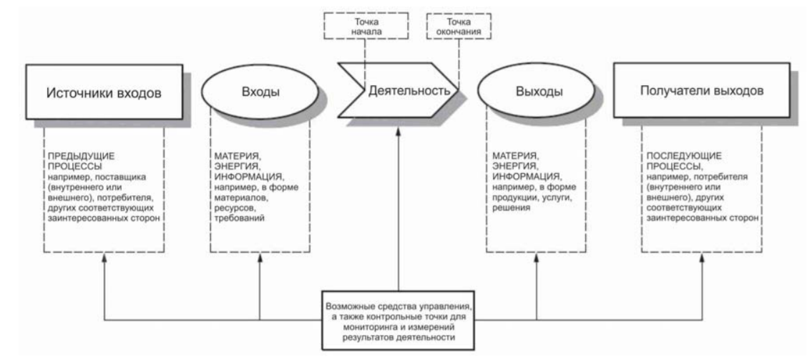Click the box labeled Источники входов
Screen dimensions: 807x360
(104, 92)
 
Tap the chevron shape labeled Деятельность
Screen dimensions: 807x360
(398, 91)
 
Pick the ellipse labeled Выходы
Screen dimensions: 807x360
(537, 92)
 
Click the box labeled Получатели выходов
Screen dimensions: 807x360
(702, 91)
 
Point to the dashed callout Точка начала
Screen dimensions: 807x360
(366, 26)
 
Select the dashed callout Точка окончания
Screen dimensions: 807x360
(459, 26)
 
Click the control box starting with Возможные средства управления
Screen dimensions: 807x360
(398, 319)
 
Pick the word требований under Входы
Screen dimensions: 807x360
(240, 218)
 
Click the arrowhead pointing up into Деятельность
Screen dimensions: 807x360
(398, 132)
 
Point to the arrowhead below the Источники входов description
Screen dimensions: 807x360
(104, 257)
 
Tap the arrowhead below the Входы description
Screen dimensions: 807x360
(259, 257)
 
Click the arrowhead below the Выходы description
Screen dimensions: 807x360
(537, 257)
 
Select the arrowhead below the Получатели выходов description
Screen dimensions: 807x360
(702, 257)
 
